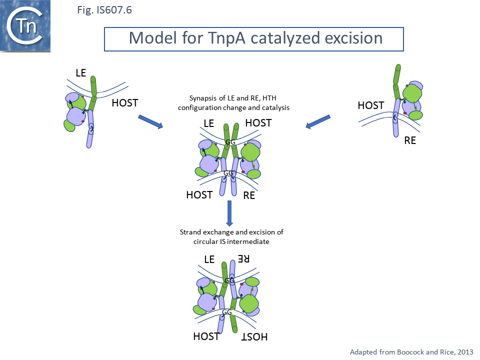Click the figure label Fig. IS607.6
pos(104,9)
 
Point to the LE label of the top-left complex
pos(81,73)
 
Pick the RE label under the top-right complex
pos(410,140)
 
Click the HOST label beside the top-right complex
pos(370,105)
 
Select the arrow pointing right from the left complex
pos(150,122)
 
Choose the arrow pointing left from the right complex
pos(318,122)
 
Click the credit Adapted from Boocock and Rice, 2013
pos(411,351)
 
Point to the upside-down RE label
pos(243,259)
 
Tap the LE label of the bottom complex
pos(209,259)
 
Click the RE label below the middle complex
pos(249,195)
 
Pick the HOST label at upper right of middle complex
pos(258,122)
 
